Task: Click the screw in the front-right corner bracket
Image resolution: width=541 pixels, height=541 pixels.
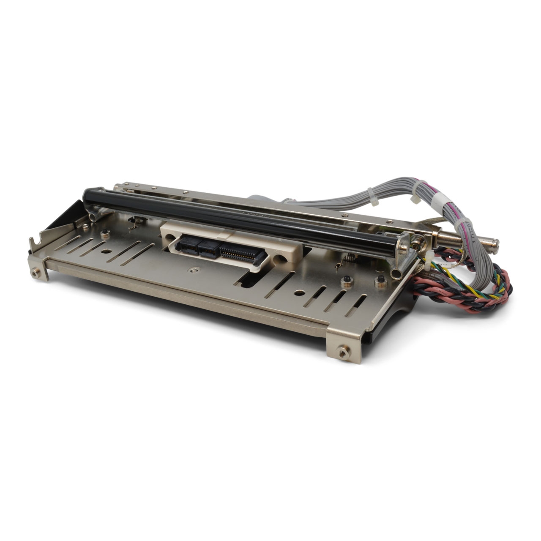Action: (x=340, y=350)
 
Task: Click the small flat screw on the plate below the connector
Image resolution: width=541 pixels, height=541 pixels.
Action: (x=194, y=269)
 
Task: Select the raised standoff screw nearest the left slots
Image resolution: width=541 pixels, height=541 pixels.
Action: (x=103, y=232)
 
